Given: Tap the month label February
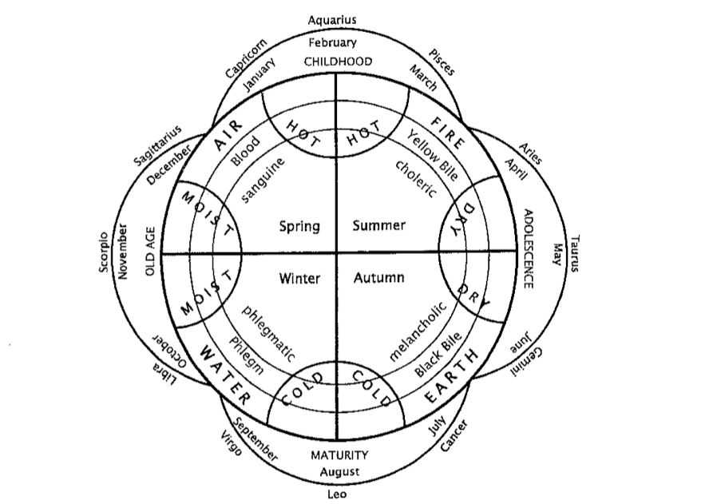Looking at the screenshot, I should [x=332, y=43].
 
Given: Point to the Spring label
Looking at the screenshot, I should [x=299, y=226].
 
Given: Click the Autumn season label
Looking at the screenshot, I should [x=378, y=278].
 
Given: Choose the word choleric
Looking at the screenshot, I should [x=416, y=177].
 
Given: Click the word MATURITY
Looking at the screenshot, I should [x=339, y=455].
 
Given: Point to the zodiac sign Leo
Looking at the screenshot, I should [x=337, y=495].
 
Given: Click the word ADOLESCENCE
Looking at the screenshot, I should [x=527, y=248].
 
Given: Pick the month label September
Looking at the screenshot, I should [x=251, y=440].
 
